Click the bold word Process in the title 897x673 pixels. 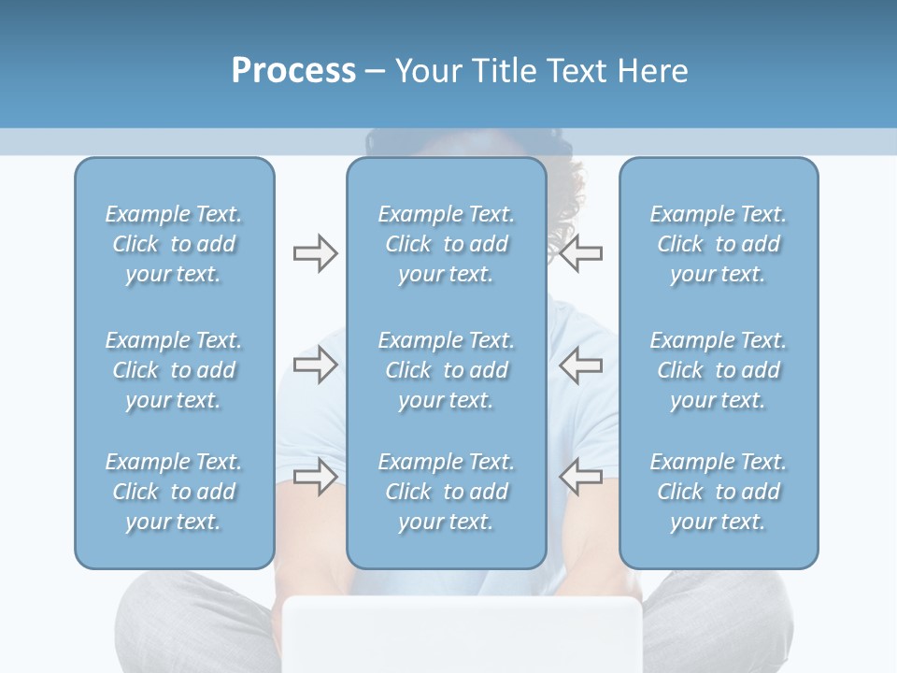coord(293,71)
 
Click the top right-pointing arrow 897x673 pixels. coord(315,253)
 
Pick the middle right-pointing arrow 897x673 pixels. coord(315,365)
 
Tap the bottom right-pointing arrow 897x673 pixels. coord(315,477)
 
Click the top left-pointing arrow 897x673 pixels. coord(581,253)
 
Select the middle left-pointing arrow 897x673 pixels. coord(581,365)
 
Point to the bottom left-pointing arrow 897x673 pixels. coord(581,477)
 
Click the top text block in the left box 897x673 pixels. coord(174,244)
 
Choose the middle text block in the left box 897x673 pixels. coord(174,370)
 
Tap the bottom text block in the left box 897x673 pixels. coord(174,492)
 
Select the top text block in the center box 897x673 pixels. coord(447,244)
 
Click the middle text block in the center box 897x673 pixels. coord(447,370)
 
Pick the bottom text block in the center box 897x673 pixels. coord(447,492)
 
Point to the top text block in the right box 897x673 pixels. coord(719,244)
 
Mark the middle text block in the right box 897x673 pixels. coord(719,370)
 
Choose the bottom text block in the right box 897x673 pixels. coord(719,492)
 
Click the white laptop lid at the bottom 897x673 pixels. coord(463,636)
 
